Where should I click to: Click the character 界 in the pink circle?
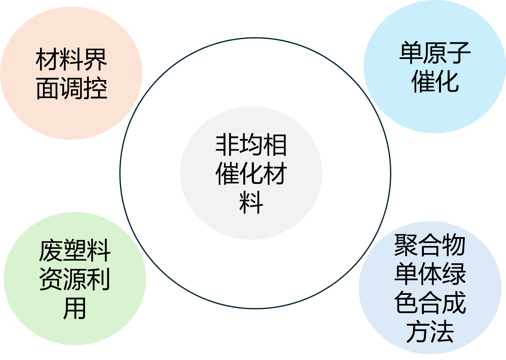click(x=95, y=60)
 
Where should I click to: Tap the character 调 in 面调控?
click(x=71, y=88)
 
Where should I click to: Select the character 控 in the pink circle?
click(x=95, y=88)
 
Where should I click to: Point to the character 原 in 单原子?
click(x=435, y=53)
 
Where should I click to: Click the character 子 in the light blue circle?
click(x=459, y=53)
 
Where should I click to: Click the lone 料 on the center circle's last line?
click(x=251, y=202)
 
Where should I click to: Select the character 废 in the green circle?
click(x=51, y=251)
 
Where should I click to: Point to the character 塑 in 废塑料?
click(x=75, y=251)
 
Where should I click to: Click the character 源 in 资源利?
click(x=75, y=280)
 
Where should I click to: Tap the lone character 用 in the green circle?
click(x=75, y=308)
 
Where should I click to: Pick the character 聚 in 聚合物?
click(x=406, y=245)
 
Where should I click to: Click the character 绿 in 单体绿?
click(x=454, y=274)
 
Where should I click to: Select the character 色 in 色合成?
click(x=406, y=303)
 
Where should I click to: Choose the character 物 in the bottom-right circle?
click(x=454, y=245)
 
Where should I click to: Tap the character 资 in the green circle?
click(x=51, y=280)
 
